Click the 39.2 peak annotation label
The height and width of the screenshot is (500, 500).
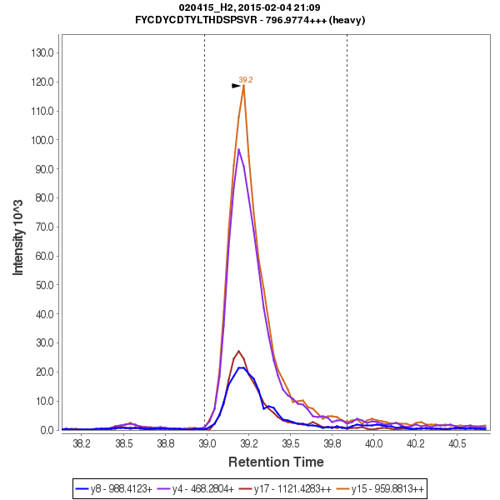pyautogui.click(x=246, y=80)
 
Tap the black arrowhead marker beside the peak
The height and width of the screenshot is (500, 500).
pyautogui.click(x=236, y=86)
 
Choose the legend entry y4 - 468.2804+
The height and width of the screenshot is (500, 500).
pyautogui.click(x=204, y=488)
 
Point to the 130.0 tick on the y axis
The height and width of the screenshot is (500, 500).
pyautogui.click(x=42, y=52)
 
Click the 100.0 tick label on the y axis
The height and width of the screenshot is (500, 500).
pyautogui.click(x=42, y=140)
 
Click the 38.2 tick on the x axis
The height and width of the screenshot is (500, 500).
pyautogui.click(x=82, y=444)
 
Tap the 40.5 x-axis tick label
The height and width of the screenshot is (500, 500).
pyautogui.click(x=457, y=444)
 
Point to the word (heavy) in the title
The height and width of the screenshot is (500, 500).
pyautogui.click(x=347, y=20)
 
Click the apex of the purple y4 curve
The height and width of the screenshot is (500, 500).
pyautogui.click(x=238, y=149)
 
